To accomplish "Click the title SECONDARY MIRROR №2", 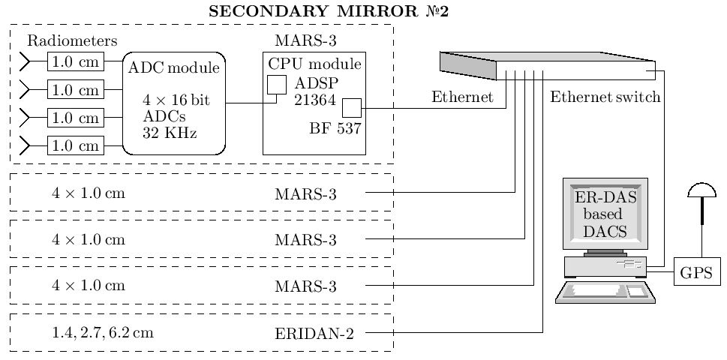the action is click(x=329, y=11).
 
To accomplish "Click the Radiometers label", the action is click(x=72, y=40).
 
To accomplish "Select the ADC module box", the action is click(x=174, y=103).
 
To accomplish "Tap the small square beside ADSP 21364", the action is click(x=277, y=85).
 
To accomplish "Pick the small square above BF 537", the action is click(x=352, y=108).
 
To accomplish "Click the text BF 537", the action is click(x=335, y=128).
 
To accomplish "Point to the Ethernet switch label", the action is click(x=605, y=97).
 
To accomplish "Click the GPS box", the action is click(x=697, y=271).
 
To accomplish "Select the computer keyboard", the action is click(x=605, y=292).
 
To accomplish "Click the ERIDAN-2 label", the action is click(x=314, y=333).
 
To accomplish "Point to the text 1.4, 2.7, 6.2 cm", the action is click(x=102, y=333).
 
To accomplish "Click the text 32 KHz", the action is click(x=170, y=133).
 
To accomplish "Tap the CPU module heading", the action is click(x=314, y=64).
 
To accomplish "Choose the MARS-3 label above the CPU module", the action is click(x=306, y=40).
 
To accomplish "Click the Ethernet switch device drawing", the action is click(x=548, y=65).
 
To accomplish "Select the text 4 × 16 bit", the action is click(x=176, y=100).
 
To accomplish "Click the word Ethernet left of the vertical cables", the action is click(x=462, y=97).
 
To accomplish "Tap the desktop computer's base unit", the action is click(x=605, y=267).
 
